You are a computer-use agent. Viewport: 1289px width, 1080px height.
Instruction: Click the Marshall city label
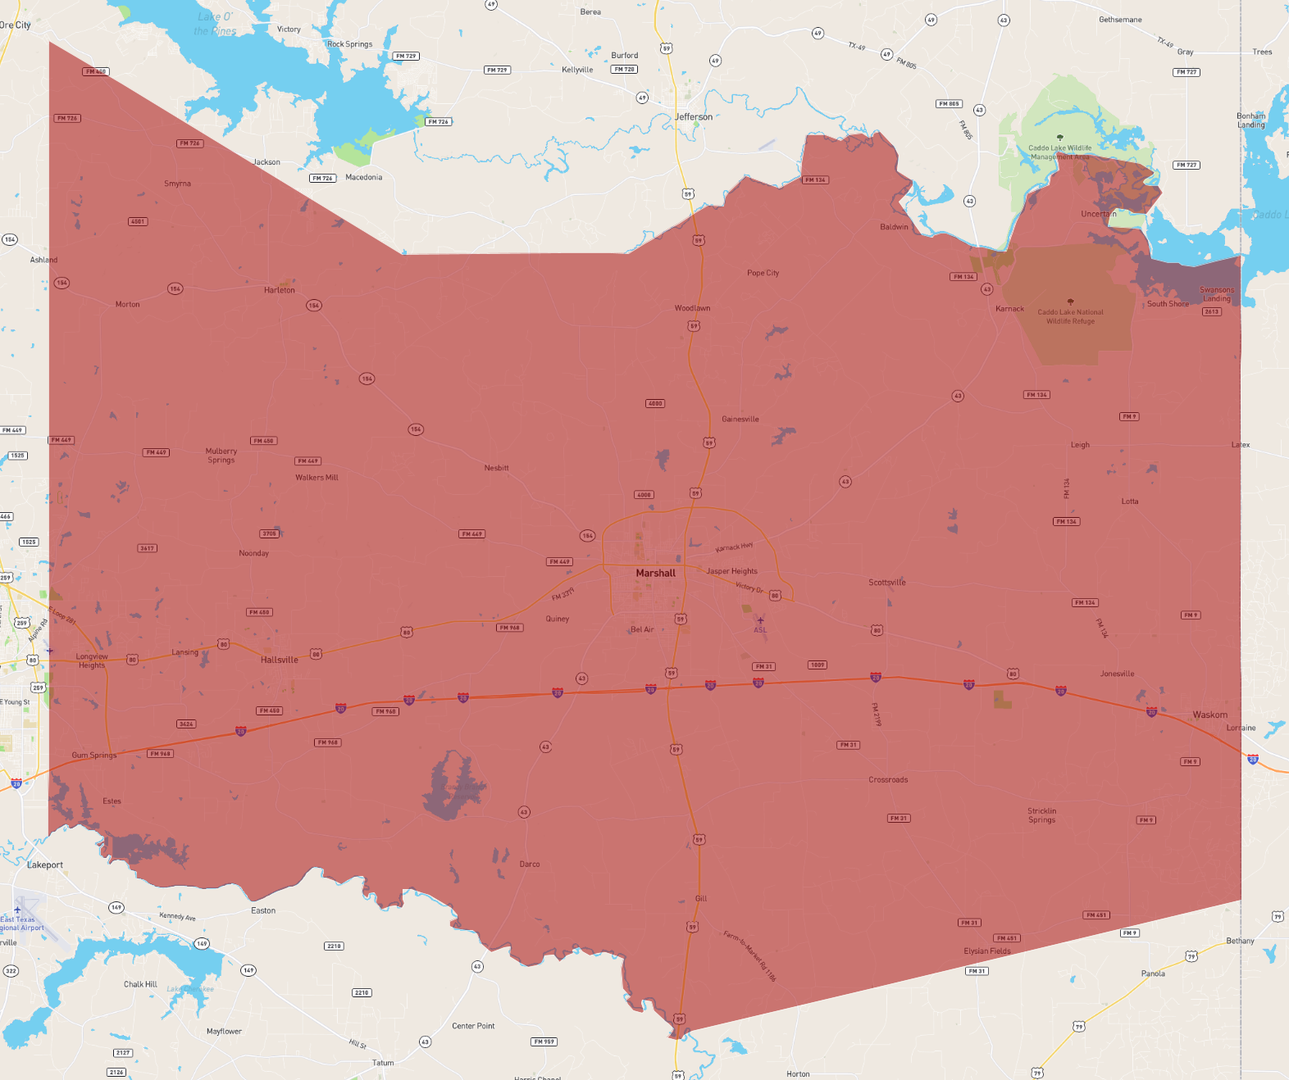point(655,574)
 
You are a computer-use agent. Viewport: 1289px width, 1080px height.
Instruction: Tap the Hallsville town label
point(279,660)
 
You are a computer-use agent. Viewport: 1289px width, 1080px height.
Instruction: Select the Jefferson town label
point(694,117)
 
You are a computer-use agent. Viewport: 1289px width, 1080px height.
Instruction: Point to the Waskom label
point(1209,715)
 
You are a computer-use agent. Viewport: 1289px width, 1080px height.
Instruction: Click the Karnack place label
point(1009,309)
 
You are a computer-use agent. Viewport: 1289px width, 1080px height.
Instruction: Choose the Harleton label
point(279,290)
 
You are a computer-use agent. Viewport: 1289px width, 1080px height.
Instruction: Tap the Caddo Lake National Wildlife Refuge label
point(1070,316)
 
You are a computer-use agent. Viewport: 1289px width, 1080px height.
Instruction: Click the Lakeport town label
point(45,864)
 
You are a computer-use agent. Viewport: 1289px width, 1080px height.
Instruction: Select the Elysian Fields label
point(986,951)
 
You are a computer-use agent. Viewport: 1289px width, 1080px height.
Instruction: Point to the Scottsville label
point(887,583)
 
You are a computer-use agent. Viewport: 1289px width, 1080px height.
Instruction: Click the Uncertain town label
point(1098,214)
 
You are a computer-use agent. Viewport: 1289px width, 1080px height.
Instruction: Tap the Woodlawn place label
point(692,308)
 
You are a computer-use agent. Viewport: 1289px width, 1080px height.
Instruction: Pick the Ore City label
point(16,25)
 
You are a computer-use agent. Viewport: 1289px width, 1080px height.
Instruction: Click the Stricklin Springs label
point(1041,815)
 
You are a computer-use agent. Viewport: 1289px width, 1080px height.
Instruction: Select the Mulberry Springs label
point(221,456)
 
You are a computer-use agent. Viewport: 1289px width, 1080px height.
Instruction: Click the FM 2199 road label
point(877,715)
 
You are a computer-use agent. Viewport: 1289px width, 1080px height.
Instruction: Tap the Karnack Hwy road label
point(734,547)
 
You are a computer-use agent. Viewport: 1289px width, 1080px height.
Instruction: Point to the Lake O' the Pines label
point(215,24)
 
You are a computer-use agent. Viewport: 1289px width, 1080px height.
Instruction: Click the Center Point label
point(473,1026)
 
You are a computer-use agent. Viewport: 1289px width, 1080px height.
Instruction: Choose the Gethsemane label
point(1120,20)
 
